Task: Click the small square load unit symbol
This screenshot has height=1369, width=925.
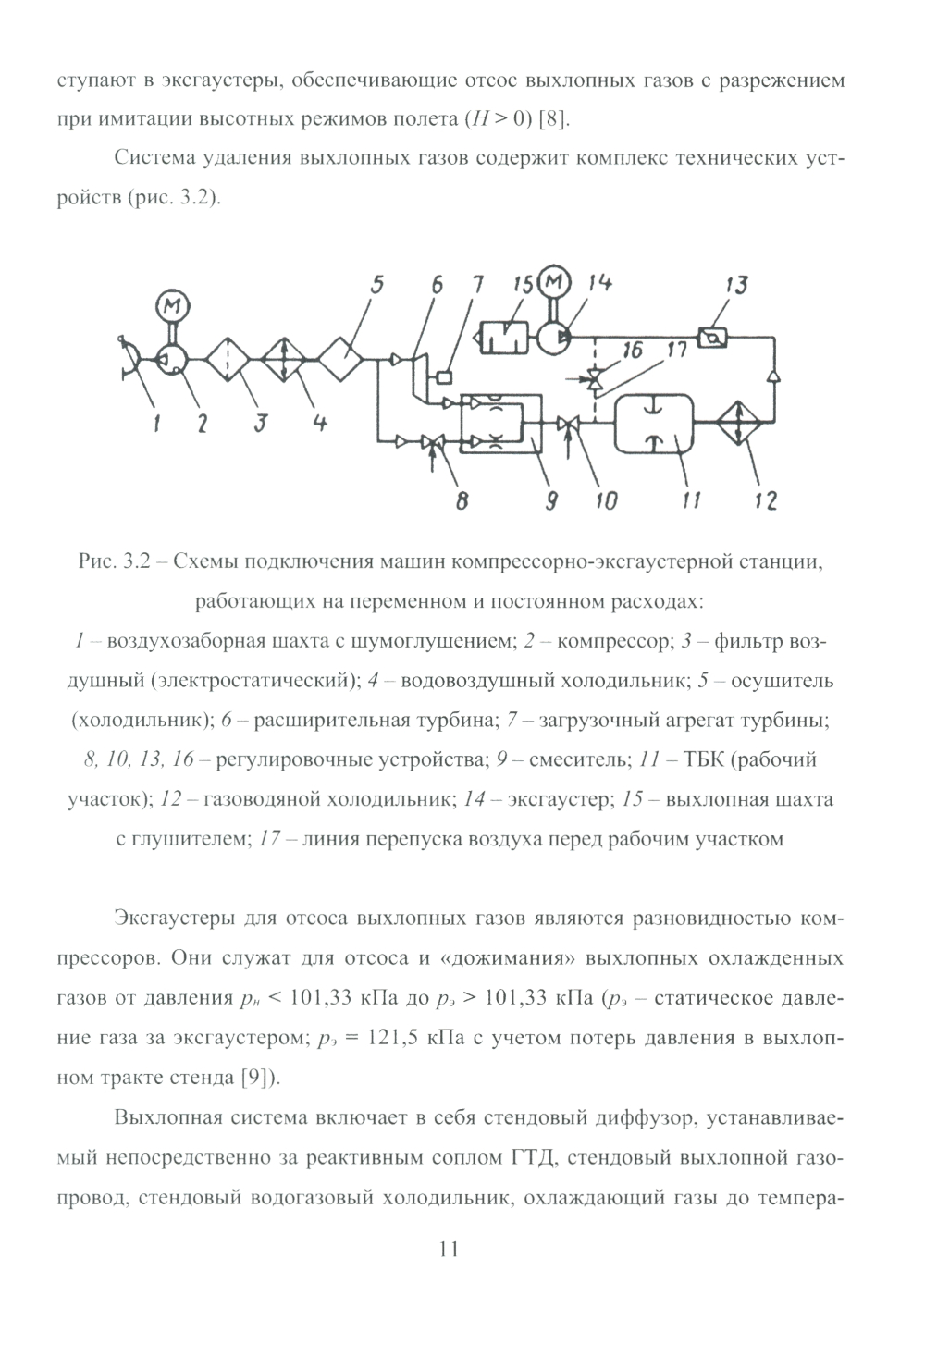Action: (x=444, y=376)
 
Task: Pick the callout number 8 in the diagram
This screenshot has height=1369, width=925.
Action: (x=461, y=500)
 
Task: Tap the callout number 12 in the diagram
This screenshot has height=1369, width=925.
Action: (x=765, y=500)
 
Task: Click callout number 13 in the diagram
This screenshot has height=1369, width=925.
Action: (x=735, y=286)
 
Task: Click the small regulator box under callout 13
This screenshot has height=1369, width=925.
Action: (x=712, y=338)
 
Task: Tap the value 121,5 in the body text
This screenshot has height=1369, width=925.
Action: (x=395, y=1039)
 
